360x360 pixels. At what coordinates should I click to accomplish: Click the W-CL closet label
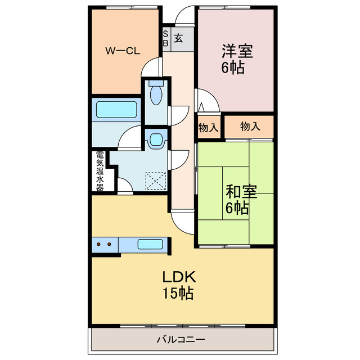tap(123, 50)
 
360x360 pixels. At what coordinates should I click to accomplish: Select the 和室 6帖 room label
tap(241, 199)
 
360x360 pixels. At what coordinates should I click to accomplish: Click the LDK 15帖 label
tap(179, 284)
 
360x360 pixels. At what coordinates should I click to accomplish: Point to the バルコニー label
tap(181, 340)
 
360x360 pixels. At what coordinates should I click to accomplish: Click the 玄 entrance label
tap(178, 38)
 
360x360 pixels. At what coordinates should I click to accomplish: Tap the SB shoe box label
tap(165, 38)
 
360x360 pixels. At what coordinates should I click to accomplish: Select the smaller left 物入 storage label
tap(208, 127)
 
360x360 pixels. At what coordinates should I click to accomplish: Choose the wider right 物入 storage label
tap(250, 127)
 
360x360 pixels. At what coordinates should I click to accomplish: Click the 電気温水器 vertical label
tap(100, 171)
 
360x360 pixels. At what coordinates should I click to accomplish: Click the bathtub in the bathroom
tap(117, 109)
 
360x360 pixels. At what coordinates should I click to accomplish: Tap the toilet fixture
tap(156, 93)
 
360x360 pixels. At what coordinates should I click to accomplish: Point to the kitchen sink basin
tap(150, 245)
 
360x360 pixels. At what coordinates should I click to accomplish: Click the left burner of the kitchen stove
tap(99, 245)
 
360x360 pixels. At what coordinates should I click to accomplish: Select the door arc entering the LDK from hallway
tap(183, 222)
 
